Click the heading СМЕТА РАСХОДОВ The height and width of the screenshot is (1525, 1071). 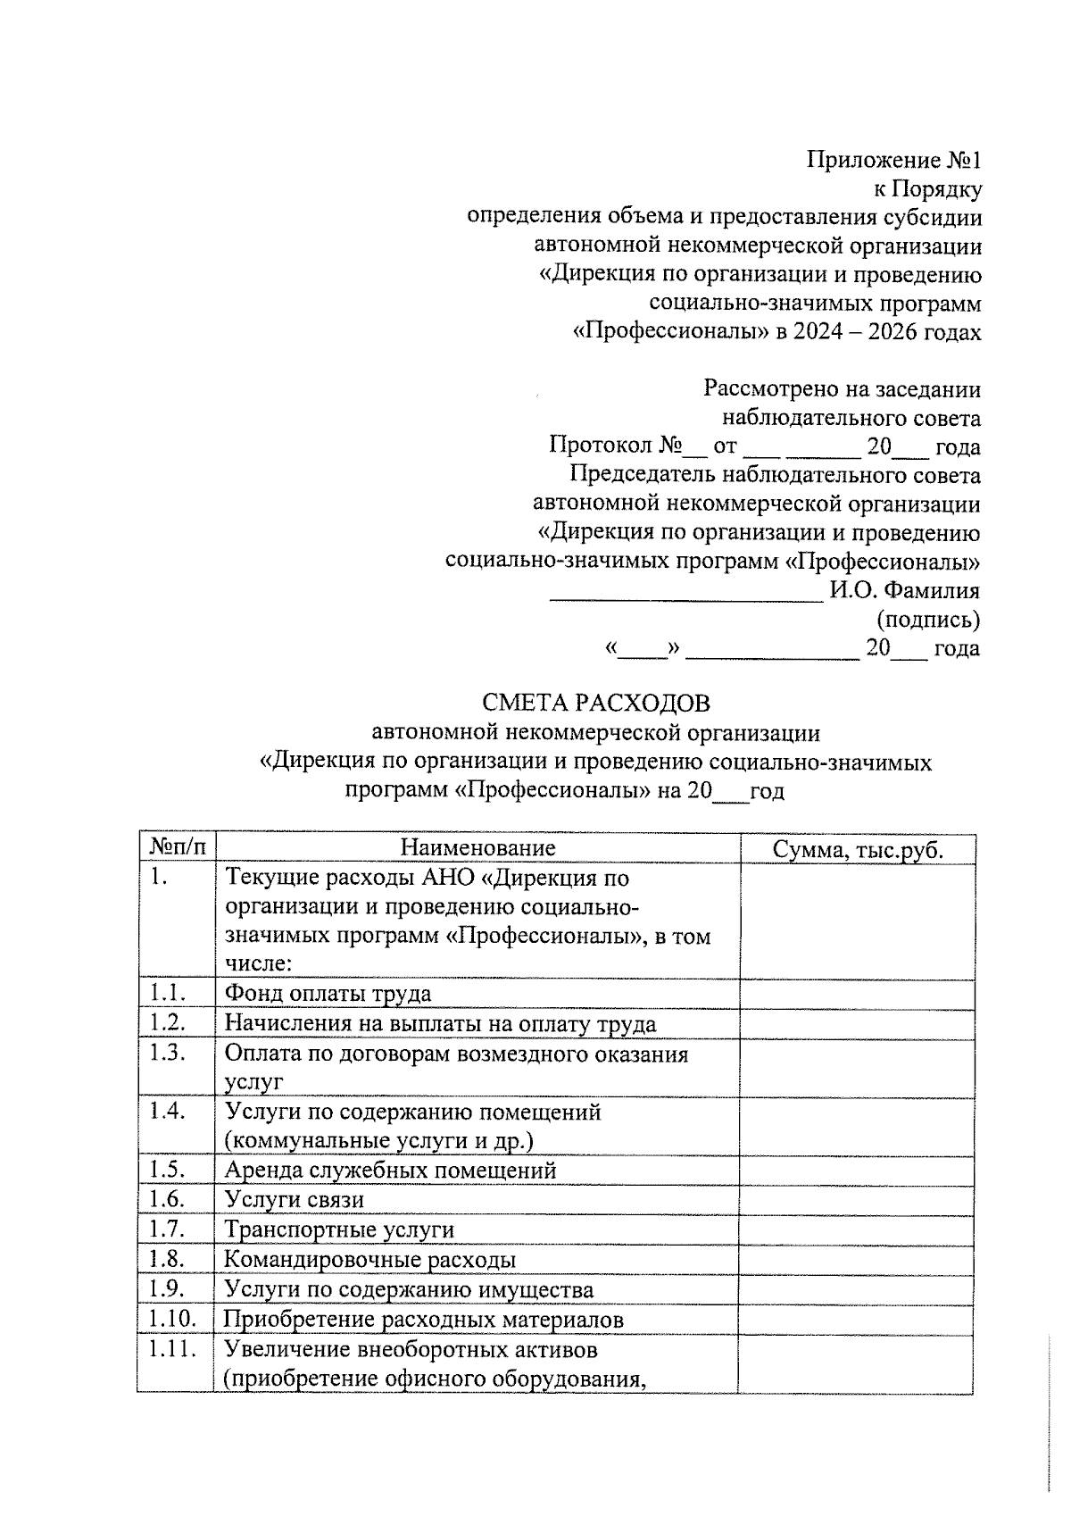click(x=596, y=704)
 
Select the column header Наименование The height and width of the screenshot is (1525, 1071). click(x=477, y=847)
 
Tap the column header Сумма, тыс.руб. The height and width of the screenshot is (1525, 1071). click(x=858, y=849)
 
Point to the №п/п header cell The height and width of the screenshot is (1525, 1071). click(x=177, y=847)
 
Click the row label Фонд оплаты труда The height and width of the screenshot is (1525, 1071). click(x=328, y=994)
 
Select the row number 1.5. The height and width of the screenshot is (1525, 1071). click(x=167, y=1169)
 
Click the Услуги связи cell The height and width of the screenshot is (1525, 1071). click(x=294, y=1200)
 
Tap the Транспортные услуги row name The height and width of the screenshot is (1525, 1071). click(x=338, y=1229)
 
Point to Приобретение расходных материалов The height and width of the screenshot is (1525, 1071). click(x=423, y=1319)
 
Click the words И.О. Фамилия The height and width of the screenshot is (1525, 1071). click(x=904, y=590)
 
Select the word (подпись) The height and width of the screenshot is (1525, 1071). click(x=929, y=619)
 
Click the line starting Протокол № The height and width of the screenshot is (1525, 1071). click(x=764, y=446)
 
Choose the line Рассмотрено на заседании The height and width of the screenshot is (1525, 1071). click(x=842, y=389)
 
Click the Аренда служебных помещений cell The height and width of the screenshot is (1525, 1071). click(x=390, y=1170)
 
